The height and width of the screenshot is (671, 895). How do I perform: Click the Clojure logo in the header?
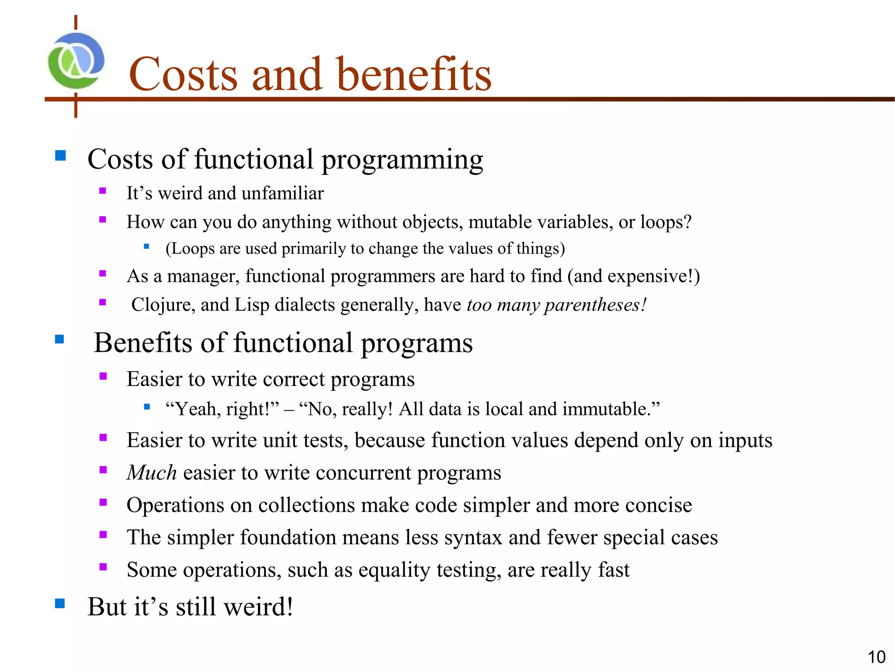76,61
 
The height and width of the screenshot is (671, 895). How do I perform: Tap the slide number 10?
876,657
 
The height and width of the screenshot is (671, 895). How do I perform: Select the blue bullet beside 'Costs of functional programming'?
60,156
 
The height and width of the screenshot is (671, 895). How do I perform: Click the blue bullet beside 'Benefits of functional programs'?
60,339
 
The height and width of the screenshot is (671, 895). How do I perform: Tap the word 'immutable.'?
611,409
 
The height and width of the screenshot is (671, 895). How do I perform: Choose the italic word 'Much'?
152,473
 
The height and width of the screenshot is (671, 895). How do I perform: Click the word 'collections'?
306,505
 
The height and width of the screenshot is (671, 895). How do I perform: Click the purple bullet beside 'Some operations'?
103,567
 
